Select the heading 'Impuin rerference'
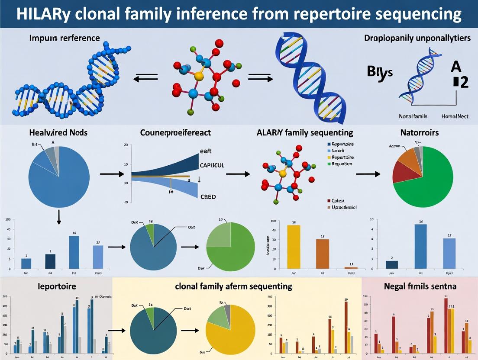[65, 38]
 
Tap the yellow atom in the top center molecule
[199, 76]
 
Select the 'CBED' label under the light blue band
[208, 197]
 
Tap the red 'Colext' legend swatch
[329, 201]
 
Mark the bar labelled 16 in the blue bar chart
[74, 252]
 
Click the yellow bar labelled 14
[294, 247]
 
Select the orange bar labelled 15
[322, 254]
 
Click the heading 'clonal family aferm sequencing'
[234, 286]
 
